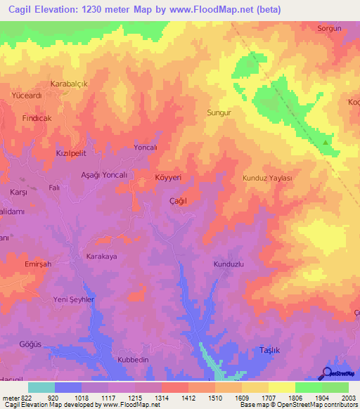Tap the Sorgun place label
point(329,29)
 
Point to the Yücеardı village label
point(27,95)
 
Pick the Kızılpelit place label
point(70,152)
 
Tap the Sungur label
point(219,112)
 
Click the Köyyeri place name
point(168,178)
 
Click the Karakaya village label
point(101,257)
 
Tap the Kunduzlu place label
point(228,264)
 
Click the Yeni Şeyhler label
point(74,299)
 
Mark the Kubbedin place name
point(132,359)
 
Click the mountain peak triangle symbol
point(325,142)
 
